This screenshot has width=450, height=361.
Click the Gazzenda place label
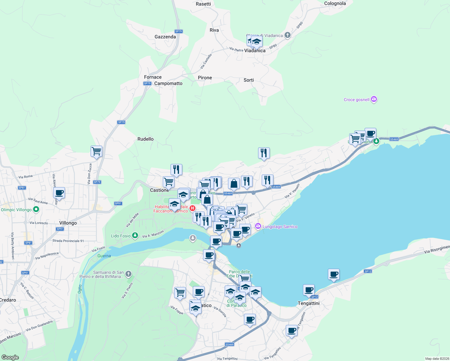(165, 37)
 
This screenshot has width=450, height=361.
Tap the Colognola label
(335, 4)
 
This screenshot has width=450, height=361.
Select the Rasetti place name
(203, 4)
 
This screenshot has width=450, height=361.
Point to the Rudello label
(145, 139)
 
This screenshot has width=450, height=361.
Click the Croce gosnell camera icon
(374, 99)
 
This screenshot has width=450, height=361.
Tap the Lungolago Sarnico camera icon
(258, 226)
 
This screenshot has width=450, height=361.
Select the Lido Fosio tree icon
(135, 235)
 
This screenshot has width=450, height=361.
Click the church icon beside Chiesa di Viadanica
(288, 35)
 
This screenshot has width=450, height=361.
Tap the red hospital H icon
(193, 208)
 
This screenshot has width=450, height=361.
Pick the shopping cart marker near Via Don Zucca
(96, 151)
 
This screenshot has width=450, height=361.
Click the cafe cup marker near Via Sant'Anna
(59, 193)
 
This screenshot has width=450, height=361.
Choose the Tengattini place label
(309, 303)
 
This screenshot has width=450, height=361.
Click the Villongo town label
(68, 223)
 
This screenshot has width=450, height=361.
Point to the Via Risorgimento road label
(437, 249)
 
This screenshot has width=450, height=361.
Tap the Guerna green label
(104, 256)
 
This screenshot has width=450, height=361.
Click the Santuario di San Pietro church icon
(128, 274)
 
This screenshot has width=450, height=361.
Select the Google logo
(10, 357)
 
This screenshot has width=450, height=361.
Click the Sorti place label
(248, 80)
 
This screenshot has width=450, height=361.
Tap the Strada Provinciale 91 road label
(68, 241)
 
